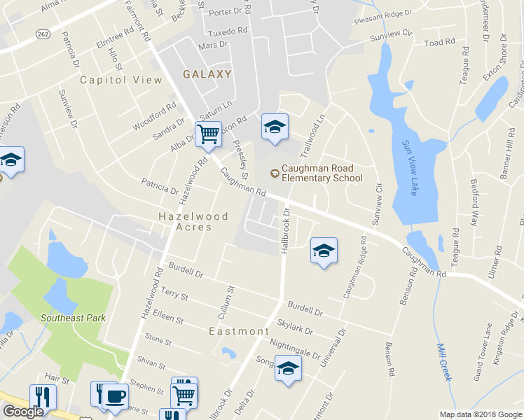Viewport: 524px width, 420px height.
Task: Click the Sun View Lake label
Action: [x=408, y=168]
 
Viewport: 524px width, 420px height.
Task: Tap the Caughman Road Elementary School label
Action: [x=322, y=173]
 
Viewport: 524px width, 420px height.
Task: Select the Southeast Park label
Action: [x=73, y=317]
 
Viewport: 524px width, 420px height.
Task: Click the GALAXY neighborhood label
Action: [x=207, y=74]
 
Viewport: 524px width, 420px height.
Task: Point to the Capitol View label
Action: [x=121, y=80]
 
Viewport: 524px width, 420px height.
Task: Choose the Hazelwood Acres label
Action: [x=193, y=222]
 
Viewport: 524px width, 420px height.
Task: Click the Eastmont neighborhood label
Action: [x=239, y=330]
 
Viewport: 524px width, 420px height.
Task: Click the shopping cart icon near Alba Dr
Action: [x=208, y=133]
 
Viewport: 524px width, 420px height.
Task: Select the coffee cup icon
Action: [x=115, y=396]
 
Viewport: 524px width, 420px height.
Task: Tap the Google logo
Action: [x=23, y=412]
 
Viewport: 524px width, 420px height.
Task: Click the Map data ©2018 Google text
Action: [x=480, y=414]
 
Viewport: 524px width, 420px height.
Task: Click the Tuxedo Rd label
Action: [x=228, y=31]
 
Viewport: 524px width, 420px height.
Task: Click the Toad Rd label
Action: [x=440, y=43]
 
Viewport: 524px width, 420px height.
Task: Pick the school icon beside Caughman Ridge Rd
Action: [x=324, y=251]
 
